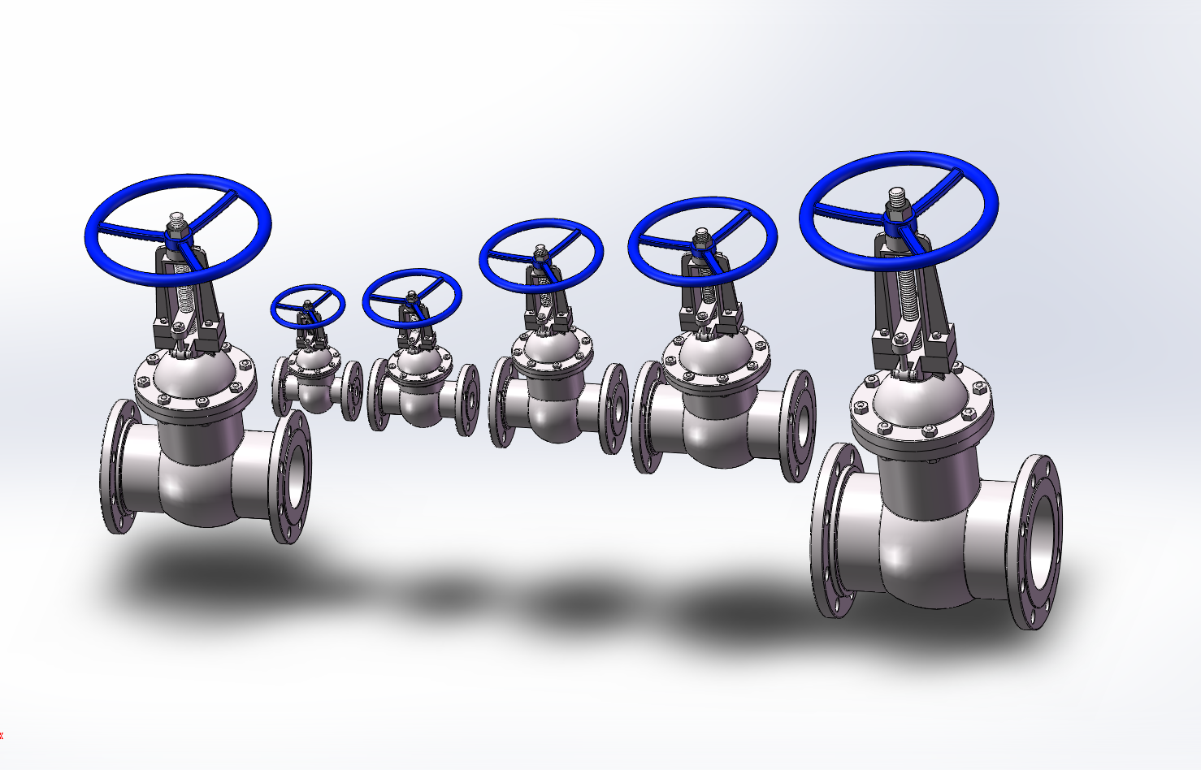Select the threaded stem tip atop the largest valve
click(x=896, y=197)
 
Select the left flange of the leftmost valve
click(x=116, y=468)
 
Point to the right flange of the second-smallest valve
click(x=468, y=400)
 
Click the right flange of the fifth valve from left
click(x=800, y=426)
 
